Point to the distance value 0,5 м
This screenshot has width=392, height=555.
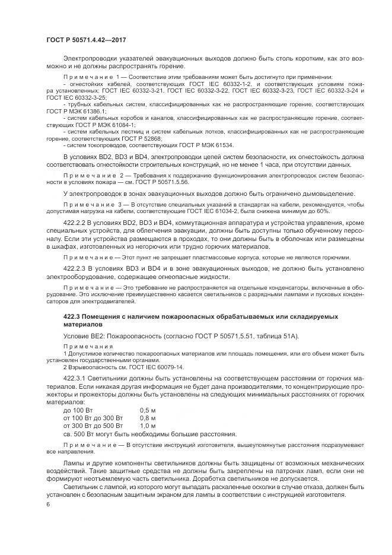(148, 410)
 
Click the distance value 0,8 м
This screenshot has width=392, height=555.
(148, 418)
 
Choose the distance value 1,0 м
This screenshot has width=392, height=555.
(148, 426)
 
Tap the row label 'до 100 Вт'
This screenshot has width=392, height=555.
(78, 410)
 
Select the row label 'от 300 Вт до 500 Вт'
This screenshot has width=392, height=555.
(92, 426)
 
